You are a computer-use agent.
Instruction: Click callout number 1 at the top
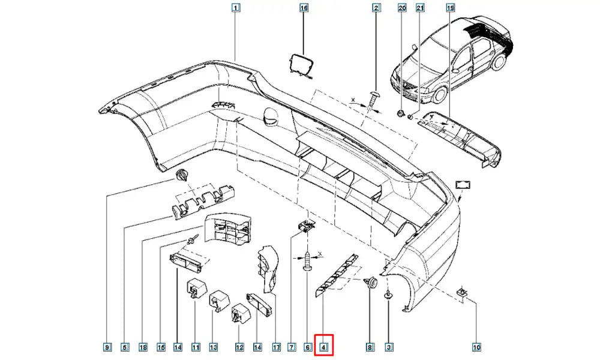point(236,8)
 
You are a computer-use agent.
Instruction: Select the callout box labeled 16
point(304,8)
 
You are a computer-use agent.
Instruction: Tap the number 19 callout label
point(450,8)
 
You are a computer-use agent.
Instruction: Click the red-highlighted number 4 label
point(324,347)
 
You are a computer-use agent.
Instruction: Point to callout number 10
point(476,347)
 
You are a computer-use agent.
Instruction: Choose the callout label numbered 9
point(107,347)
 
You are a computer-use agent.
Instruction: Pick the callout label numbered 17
point(276,347)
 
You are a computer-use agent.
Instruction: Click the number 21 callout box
point(420,8)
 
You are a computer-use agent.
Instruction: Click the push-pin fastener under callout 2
point(375,99)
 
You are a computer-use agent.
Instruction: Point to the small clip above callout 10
point(462,292)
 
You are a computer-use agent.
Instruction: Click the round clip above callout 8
point(370,283)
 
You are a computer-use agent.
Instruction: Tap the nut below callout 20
point(401,113)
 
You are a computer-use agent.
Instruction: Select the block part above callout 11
point(196,289)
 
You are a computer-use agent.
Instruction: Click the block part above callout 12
point(240,314)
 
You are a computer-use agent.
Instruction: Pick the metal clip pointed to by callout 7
point(306,226)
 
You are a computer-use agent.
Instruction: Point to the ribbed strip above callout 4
point(337,274)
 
